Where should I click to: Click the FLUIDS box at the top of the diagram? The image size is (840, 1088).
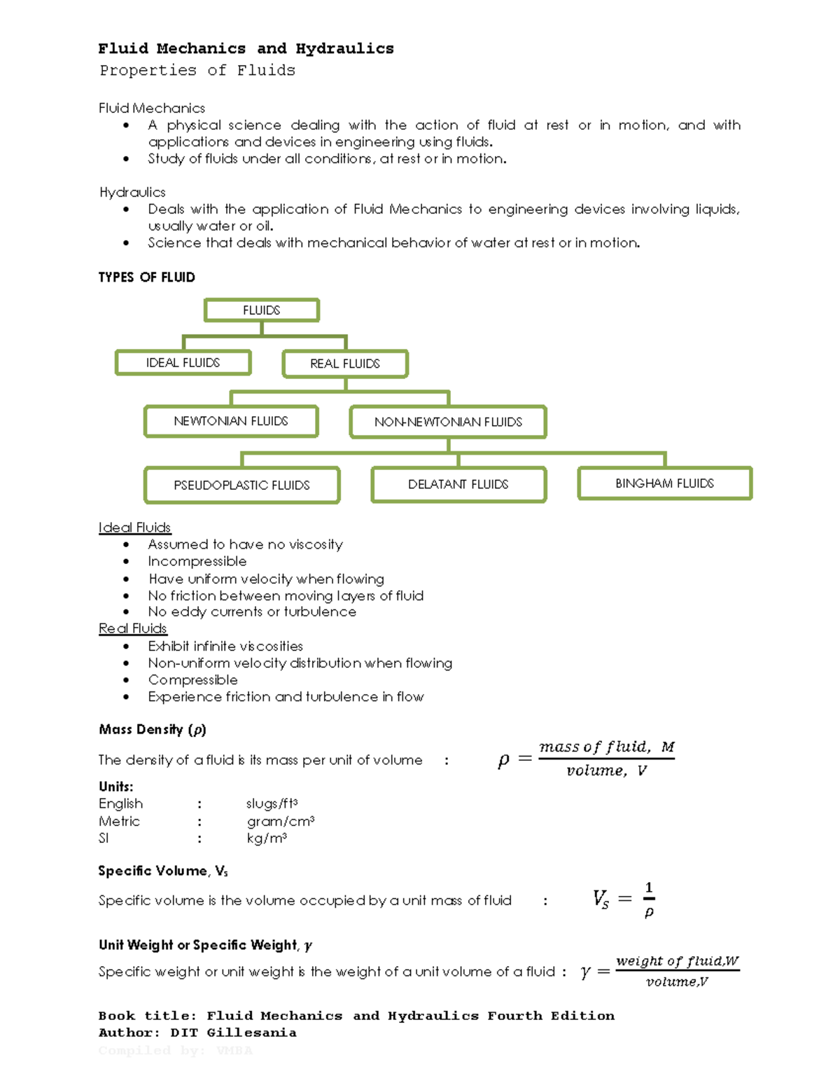[x=261, y=310]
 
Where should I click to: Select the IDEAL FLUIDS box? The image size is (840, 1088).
[x=183, y=363]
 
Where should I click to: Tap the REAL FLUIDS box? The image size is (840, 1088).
[x=345, y=364]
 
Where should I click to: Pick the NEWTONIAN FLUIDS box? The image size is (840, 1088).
[x=231, y=421]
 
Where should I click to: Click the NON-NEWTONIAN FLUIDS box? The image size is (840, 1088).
[x=448, y=422]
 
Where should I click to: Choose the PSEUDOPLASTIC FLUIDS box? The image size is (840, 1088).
[x=241, y=485]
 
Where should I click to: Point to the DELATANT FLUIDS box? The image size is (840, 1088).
[x=458, y=484]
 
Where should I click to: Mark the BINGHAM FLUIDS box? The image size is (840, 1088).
[x=664, y=483]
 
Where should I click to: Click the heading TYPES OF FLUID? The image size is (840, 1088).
[x=146, y=277]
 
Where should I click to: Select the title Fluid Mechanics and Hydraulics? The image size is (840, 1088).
[x=246, y=48]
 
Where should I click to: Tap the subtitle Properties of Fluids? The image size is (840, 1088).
[x=197, y=70]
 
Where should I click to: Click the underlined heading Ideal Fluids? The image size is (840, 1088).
[x=134, y=528]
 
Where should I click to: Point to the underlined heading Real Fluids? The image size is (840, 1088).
[x=132, y=628]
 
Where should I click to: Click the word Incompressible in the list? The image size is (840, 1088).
[x=197, y=561]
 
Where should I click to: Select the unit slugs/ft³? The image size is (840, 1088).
[x=272, y=804]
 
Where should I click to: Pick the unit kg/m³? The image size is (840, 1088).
[x=267, y=838]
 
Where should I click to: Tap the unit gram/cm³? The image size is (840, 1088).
[x=280, y=821]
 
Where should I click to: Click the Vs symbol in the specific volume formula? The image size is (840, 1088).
[x=601, y=899]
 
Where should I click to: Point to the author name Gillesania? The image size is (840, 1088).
[x=251, y=1033]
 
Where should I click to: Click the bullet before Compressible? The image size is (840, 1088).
[x=126, y=680]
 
